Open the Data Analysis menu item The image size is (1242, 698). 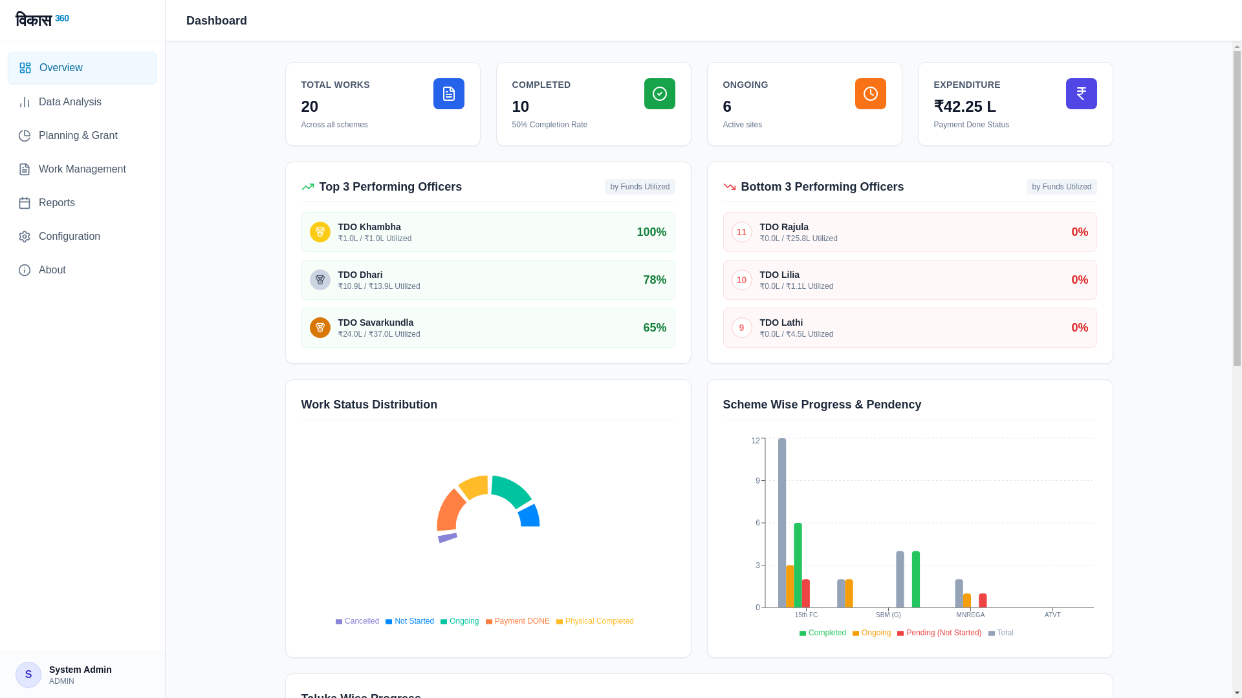70,102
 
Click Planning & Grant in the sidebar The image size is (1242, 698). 78,136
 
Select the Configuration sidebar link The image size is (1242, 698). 69,237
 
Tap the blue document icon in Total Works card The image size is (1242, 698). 448,94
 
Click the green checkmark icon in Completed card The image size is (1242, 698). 659,94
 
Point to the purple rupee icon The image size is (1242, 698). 1081,94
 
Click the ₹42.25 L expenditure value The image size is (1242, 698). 964,107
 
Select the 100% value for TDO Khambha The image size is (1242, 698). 651,232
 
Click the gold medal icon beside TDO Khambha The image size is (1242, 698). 320,232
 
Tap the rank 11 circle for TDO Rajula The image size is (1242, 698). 741,232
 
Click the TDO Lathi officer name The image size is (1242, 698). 781,323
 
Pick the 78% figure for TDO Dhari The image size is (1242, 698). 654,280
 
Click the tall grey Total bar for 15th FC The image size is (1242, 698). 781,523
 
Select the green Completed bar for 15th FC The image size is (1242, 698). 798,566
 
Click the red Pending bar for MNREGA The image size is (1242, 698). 983,600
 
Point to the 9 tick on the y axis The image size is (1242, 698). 757,481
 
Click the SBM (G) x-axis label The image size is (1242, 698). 888,615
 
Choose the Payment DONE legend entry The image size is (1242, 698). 517,621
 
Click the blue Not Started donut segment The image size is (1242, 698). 530,516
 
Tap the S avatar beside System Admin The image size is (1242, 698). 28,675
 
